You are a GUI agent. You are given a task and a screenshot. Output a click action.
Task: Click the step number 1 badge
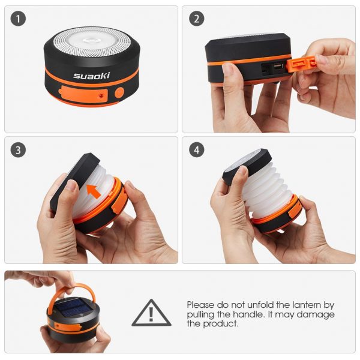tap(18, 19)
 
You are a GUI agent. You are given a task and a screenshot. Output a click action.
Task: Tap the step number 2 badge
tap(197, 19)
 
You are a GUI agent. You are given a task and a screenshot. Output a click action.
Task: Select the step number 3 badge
tap(18, 150)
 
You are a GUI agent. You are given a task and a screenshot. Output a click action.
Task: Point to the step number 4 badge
tap(197, 150)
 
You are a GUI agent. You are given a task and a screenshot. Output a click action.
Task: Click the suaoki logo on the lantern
tap(91, 76)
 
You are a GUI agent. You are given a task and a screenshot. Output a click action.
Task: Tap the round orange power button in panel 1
tap(119, 92)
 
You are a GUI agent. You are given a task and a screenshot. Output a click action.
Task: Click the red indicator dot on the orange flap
tap(101, 95)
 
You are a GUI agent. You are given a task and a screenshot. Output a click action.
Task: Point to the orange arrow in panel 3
tap(94, 191)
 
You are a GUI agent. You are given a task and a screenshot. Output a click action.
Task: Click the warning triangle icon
tap(151, 313)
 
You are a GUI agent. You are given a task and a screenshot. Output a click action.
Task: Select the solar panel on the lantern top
tap(73, 307)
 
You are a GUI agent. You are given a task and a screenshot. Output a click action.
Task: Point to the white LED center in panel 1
tap(91, 41)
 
